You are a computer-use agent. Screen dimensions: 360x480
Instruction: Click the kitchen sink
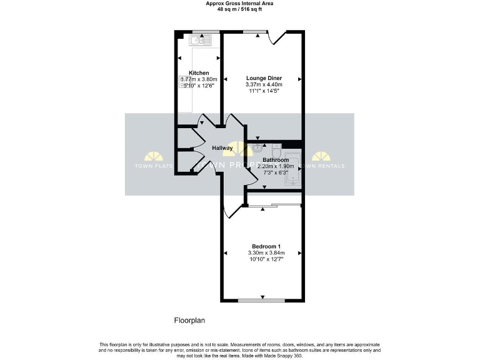coord(202,41)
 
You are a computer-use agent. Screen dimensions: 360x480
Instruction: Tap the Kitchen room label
coord(199,73)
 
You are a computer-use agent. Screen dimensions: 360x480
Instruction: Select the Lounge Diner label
coord(264,78)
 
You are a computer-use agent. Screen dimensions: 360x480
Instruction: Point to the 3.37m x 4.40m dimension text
coord(264,85)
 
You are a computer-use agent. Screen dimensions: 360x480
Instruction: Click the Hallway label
coord(222,148)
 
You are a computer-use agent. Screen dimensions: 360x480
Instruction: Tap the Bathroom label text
coord(276,160)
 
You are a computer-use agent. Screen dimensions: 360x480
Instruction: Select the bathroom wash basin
coord(259,149)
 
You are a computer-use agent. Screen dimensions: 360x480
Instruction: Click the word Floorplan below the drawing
coord(189,321)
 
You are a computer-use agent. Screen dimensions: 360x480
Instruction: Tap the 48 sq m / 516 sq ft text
coord(239,10)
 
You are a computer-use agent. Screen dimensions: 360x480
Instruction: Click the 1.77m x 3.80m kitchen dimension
coord(199,80)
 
